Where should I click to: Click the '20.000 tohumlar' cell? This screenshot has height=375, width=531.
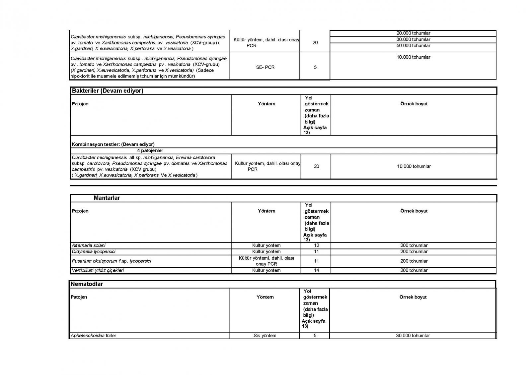pos(413,33)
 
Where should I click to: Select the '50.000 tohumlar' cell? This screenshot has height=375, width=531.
pos(413,46)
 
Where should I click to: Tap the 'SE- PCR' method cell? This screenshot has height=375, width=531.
pos(265,67)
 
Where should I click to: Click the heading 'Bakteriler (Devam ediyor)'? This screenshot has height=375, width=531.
pos(108,91)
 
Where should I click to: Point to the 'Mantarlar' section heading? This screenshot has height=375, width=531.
pos(107,198)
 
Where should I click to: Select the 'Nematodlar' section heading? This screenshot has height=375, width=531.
pos(87,284)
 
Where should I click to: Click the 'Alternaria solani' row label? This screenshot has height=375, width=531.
pos(89,245)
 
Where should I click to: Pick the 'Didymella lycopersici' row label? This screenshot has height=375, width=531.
pos(94,251)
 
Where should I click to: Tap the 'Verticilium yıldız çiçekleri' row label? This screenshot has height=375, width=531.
pos(98,270)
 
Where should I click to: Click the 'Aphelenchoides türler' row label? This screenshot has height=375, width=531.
pos(94,336)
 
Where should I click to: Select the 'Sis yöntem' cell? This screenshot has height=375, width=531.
pos(265,336)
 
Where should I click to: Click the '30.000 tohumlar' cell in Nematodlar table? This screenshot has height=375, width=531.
pos(413,336)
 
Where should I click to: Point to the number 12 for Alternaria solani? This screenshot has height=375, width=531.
pos(316,245)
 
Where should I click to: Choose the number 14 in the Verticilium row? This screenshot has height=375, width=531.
pos(316,270)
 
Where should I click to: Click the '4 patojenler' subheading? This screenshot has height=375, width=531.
pos(150,151)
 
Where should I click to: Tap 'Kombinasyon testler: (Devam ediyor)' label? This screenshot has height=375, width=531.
pos(113,144)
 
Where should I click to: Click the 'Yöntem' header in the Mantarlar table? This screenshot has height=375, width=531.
pos(266,211)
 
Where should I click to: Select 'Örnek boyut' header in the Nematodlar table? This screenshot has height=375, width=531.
pos(413,297)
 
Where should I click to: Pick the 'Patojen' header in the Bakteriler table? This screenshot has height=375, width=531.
pos(80,104)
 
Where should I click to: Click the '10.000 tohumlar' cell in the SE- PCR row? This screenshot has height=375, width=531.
pos(413,57)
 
